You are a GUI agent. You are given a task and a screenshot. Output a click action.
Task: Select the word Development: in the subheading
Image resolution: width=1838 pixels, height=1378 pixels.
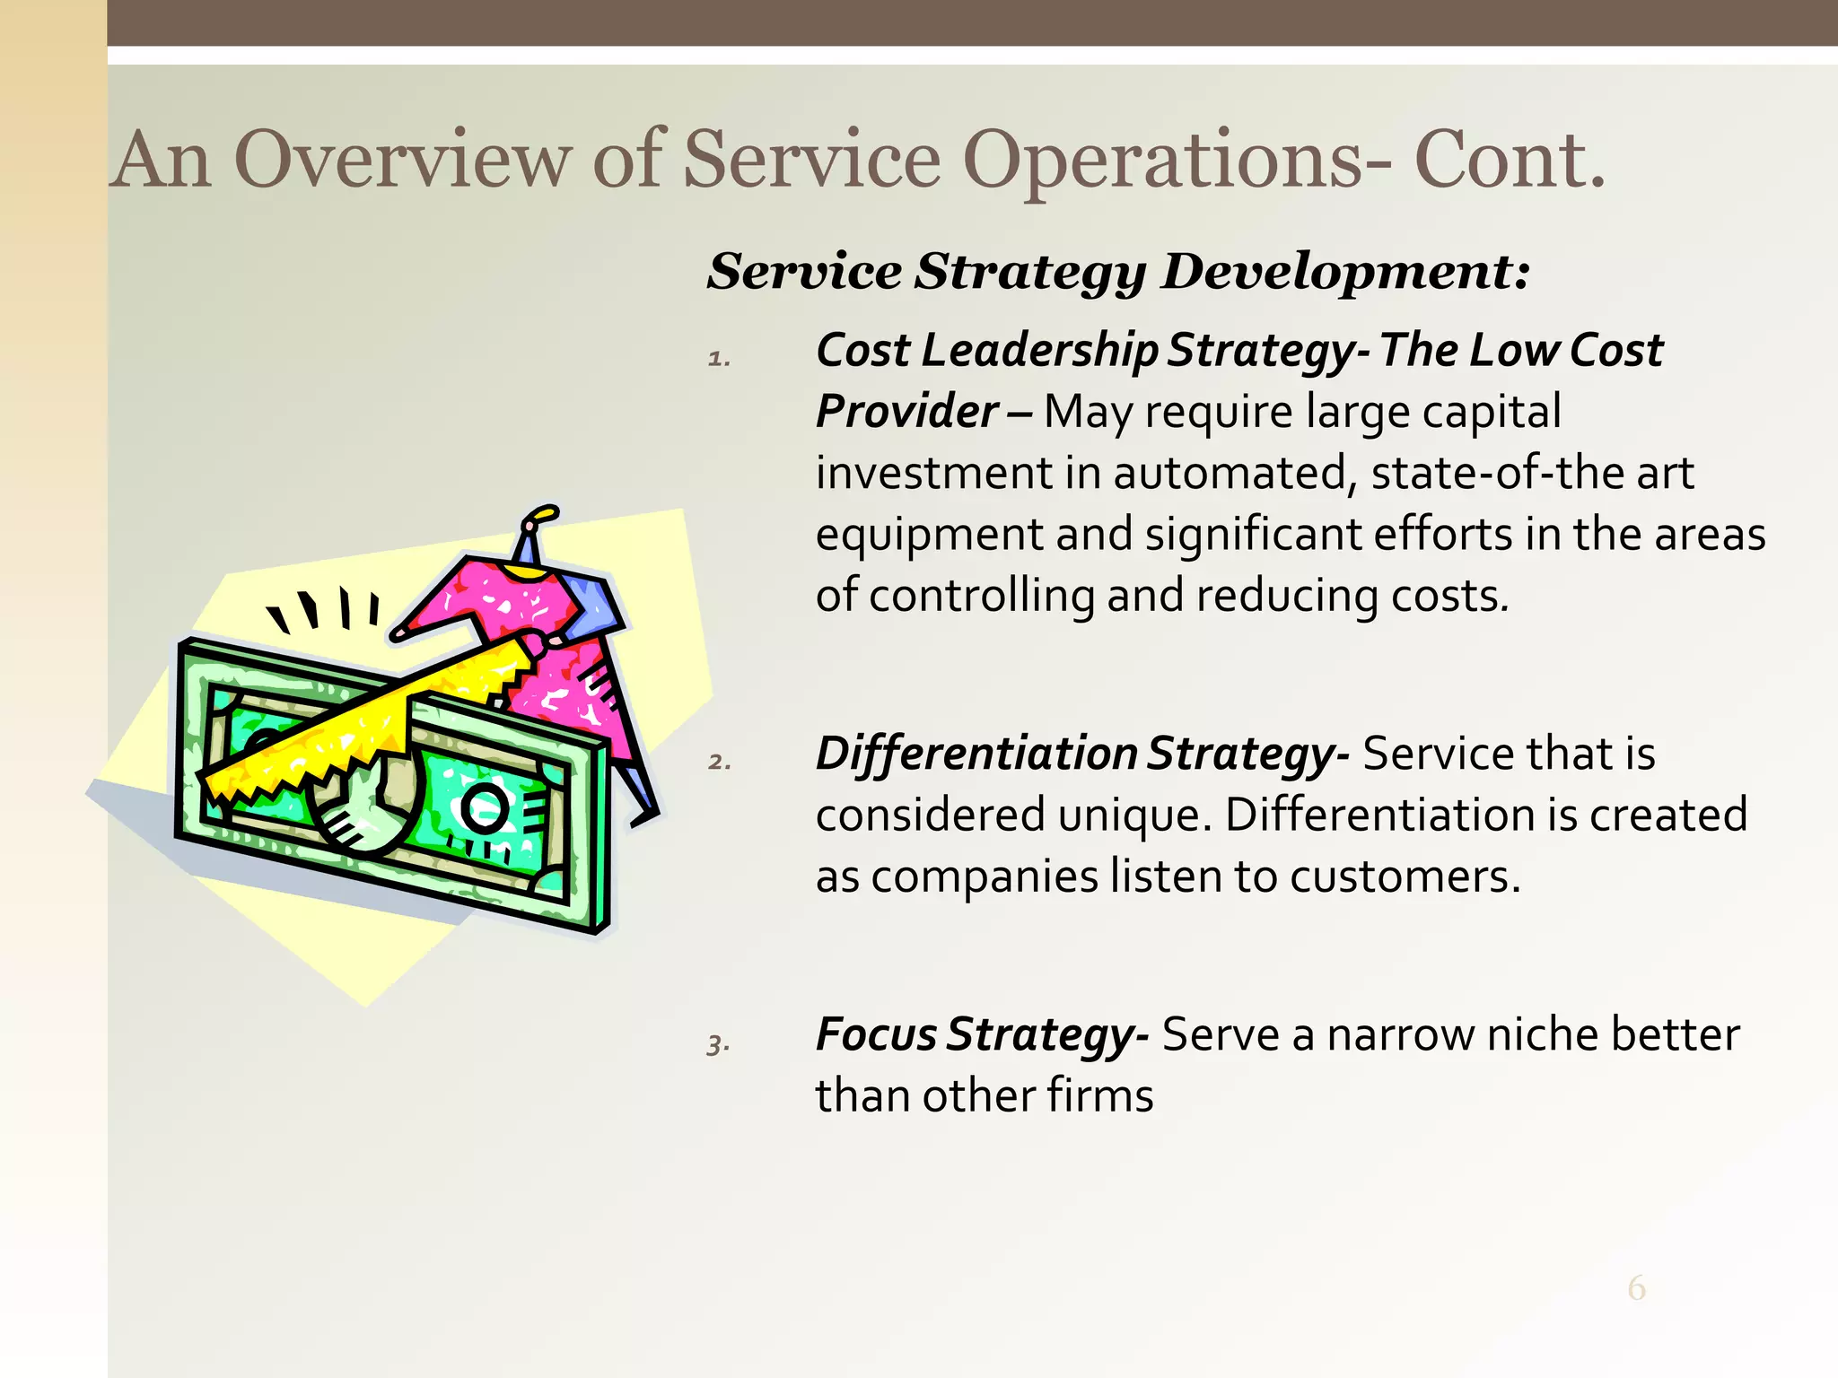point(1344,271)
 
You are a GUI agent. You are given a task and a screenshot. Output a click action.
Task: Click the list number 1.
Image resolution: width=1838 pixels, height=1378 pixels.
point(719,359)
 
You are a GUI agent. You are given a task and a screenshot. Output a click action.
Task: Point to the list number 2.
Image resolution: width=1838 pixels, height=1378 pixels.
point(719,763)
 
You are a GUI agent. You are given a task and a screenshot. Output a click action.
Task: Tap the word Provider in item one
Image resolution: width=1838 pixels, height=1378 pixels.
point(906,412)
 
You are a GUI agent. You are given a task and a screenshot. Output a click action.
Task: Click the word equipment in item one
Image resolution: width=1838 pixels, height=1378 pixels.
point(929,535)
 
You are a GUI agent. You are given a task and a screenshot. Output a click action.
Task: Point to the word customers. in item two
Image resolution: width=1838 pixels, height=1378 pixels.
point(1405,877)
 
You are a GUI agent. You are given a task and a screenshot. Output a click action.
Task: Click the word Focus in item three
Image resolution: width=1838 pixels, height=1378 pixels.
point(876,1034)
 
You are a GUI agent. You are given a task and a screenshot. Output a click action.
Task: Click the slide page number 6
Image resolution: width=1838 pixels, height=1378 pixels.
point(1636,1288)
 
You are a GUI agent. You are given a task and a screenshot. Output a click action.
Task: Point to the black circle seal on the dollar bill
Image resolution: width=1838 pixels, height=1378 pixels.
point(485,808)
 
